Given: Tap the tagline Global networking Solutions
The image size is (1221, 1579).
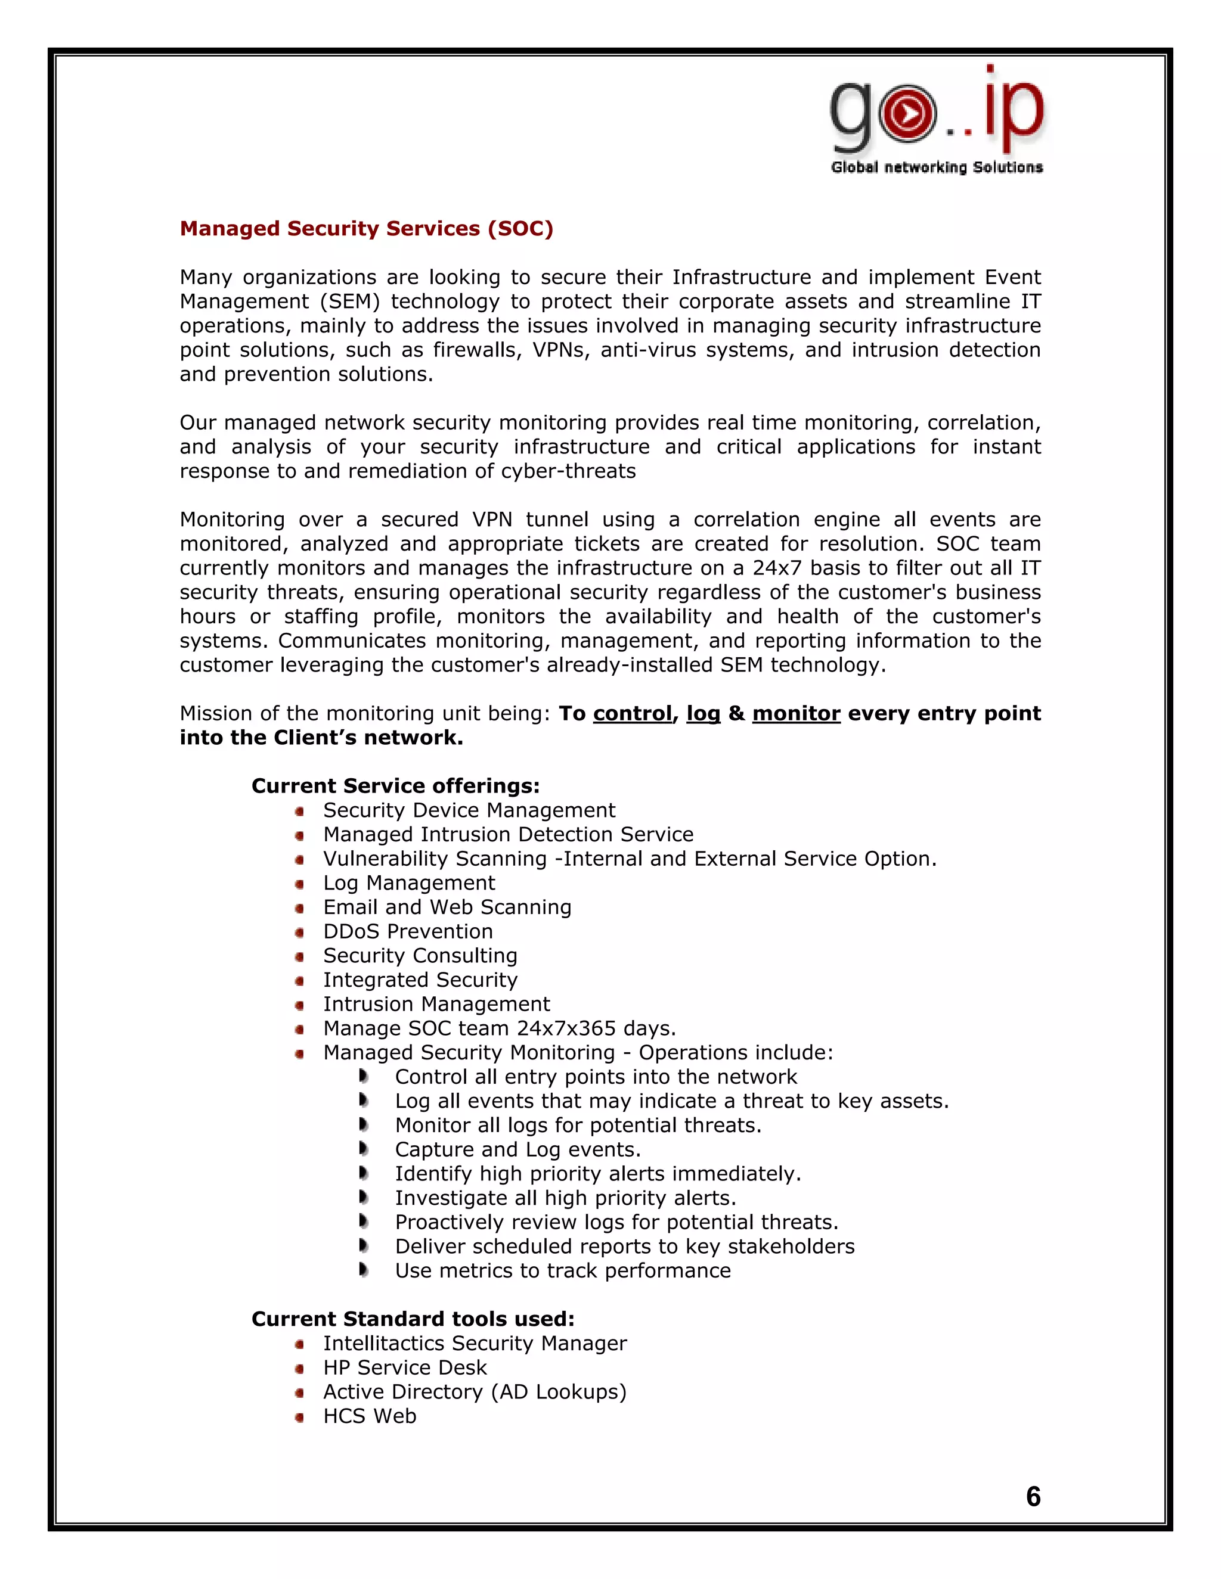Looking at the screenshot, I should tap(937, 168).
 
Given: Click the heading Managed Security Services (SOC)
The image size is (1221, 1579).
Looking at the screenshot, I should tap(366, 228).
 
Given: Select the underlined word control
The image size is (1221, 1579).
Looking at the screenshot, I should tap(632, 714).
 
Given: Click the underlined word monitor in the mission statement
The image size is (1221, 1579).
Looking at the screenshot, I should tap(796, 714).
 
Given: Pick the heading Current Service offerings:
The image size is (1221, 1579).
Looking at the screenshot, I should tap(395, 786).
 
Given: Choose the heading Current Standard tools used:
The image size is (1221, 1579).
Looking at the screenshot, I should tap(413, 1319).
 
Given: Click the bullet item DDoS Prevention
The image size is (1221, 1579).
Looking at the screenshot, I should tap(408, 931).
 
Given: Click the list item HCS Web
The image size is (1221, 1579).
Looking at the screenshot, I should tap(370, 1416).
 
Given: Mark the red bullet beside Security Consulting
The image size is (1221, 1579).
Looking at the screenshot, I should tap(299, 956).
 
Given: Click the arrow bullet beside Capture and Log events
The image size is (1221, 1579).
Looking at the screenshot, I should tap(364, 1149).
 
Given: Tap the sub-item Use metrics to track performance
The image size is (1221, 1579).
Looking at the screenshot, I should tap(563, 1270).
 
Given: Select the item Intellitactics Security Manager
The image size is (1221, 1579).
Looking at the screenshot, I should tap(475, 1343).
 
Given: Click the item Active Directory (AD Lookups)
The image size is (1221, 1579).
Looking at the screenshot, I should tap(475, 1392).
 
